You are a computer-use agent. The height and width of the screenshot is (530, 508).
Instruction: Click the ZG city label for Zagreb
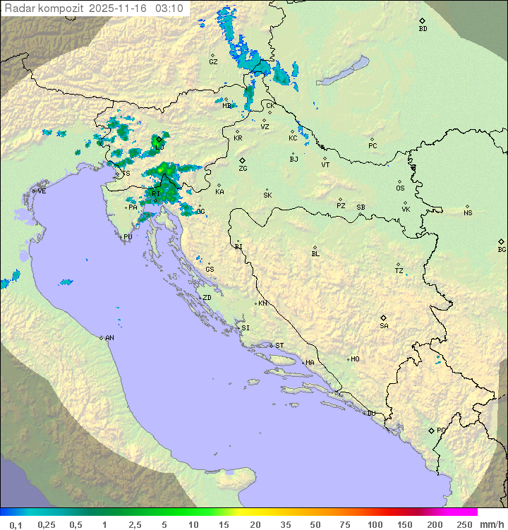click(x=243, y=169)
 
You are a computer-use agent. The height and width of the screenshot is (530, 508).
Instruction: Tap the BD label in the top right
click(x=423, y=29)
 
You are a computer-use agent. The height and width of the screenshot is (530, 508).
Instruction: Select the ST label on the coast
click(x=279, y=346)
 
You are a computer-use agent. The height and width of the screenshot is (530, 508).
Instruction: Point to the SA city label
click(x=384, y=326)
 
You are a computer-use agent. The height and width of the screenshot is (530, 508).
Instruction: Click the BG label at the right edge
click(x=502, y=249)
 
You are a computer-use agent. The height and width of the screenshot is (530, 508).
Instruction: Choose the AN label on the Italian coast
click(x=109, y=338)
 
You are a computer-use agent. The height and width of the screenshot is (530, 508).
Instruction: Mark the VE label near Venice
click(x=42, y=191)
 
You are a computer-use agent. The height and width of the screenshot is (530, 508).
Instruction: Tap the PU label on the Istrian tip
click(x=128, y=237)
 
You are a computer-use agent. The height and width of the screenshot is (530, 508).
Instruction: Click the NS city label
click(x=468, y=213)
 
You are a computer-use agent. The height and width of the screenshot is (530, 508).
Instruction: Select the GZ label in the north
click(x=213, y=62)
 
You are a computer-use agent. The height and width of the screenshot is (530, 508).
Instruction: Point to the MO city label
click(x=355, y=359)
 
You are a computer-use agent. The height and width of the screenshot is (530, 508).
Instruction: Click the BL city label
click(x=315, y=254)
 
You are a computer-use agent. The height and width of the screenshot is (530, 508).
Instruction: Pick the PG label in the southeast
click(x=441, y=430)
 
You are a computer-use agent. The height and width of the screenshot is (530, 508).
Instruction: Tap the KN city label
click(x=262, y=303)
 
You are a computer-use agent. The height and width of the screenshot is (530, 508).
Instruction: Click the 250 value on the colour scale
click(x=464, y=524)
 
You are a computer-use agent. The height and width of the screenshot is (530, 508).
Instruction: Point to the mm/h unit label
click(x=491, y=524)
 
